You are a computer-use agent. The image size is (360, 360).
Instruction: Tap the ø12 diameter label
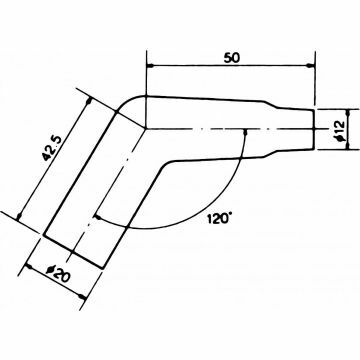pyautogui.click(x=339, y=129)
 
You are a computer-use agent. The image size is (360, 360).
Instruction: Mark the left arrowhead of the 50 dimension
pyautogui.click(x=151, y=66)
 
